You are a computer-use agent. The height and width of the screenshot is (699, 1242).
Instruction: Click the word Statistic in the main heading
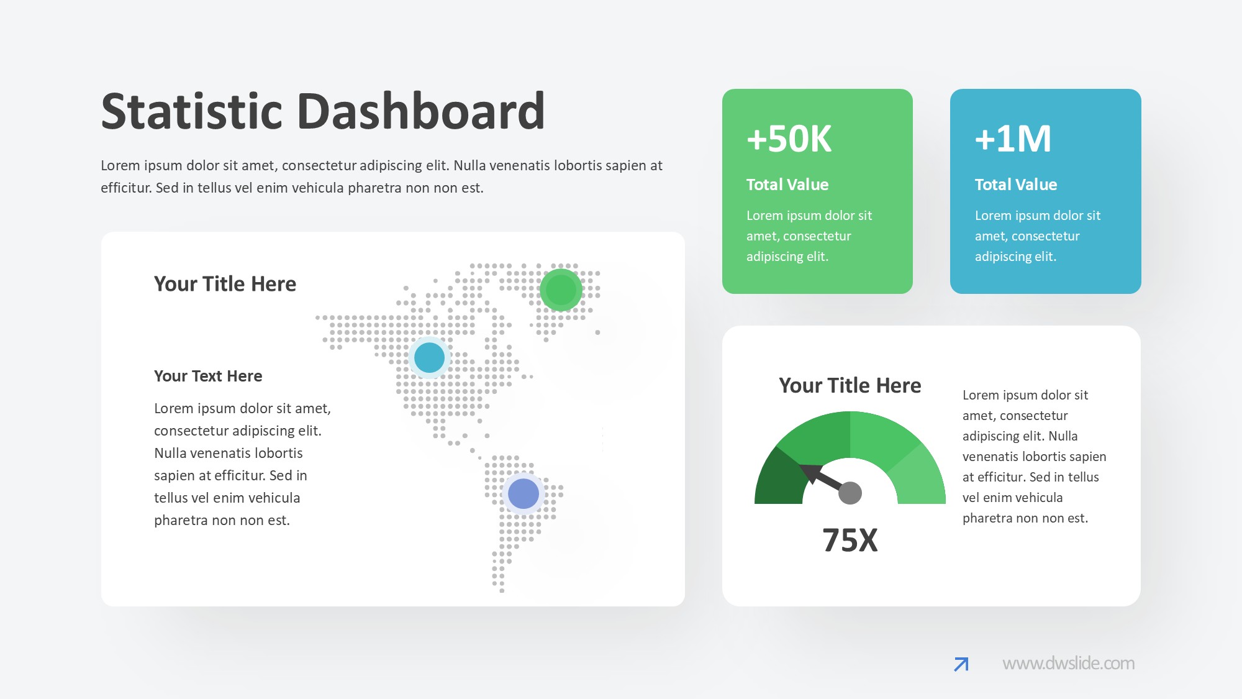[x=191, y=111]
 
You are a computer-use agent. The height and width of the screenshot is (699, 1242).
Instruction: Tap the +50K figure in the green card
[x=789, y=139]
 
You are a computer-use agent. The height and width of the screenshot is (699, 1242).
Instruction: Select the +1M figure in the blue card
[x=1013, y=139]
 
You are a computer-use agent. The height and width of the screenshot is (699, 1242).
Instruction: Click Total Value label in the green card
[x=787, y=185]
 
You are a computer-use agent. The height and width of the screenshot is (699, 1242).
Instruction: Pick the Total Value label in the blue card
[x=1016, y=185]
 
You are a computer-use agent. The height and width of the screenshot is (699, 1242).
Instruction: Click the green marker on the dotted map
[x=561, y=290]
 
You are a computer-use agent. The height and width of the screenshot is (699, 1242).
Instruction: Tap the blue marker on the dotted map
[x=429, y=358]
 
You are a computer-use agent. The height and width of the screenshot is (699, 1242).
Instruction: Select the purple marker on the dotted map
[x=524, y=494]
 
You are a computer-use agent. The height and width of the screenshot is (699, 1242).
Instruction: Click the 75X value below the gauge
[x=850, y=540]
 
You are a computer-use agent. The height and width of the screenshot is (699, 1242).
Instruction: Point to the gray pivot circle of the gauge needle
[x=850, y=493]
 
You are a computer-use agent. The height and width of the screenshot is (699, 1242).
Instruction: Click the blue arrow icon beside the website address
[x=961, y=664]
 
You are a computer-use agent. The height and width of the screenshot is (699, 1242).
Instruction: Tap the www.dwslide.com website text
[x=1069, y=664]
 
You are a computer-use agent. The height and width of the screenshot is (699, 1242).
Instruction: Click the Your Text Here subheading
[x=208, y=376]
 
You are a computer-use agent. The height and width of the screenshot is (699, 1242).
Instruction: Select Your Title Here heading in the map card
[x=225, y=284]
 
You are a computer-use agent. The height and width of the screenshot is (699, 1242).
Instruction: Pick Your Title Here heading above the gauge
[x=850, y=385]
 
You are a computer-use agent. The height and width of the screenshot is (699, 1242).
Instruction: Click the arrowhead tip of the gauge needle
[x=800, y=466]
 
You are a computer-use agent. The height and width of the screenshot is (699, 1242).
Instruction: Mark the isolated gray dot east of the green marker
[x=598, y=332]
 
